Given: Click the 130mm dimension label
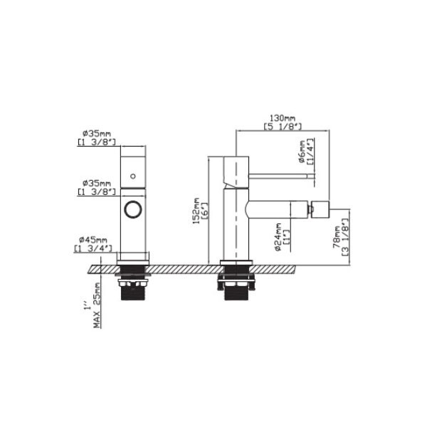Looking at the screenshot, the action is (x=283, y=118).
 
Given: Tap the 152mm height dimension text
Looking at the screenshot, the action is (x=196, y=211).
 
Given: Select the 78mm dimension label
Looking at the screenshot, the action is (x=337, y=237).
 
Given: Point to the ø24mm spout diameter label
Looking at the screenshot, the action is (x=278, y=237).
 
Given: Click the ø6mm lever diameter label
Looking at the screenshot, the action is (x=302, y=152).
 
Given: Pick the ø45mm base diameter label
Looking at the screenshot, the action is (x=93, y=240).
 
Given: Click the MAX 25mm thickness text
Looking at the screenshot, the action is (x=97, y=305).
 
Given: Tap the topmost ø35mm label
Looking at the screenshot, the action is (x=97, y=134).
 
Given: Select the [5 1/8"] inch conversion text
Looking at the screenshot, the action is (x=283, y=127).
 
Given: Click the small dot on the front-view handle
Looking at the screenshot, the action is (x=133, y=176).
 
